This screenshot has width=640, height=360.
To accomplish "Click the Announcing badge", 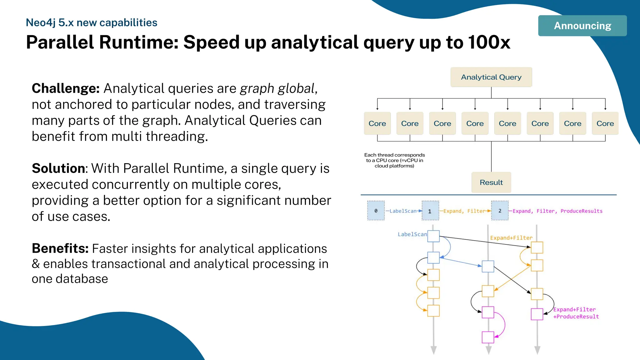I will (582, 26).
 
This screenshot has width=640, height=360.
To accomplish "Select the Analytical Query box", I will (491, 77).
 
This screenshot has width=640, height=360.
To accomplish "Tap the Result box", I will (491, 182).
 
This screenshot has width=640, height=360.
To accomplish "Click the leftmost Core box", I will (377, 123).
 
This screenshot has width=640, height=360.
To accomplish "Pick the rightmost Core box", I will (605, 123).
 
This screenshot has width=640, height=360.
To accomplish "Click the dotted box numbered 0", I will (376, 211).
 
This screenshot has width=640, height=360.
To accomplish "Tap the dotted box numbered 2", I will (500, 211).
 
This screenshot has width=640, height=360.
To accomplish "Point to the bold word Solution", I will (58, 168).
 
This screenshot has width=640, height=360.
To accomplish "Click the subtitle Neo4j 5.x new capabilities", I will (91, 22).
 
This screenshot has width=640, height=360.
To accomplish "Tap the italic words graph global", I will (277, 88).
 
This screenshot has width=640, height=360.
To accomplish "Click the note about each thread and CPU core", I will (394, 160).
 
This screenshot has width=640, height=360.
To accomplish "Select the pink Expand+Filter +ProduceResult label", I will (576, 313).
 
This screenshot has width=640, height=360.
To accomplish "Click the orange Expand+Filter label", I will (511, 238).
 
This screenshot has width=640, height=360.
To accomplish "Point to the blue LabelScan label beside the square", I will (412, 234).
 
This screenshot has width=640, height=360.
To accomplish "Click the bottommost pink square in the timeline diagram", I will (488, 337).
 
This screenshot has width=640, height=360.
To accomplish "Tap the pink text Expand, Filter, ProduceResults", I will (557, 211).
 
